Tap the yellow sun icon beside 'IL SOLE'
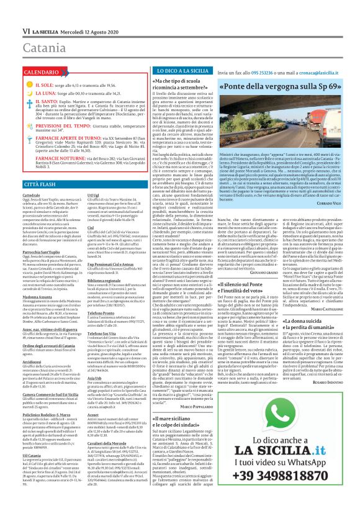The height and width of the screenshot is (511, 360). pos(12,84)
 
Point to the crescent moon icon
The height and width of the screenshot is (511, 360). pos(12,92)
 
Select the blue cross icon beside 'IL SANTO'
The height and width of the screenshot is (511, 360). pos(12,101)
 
